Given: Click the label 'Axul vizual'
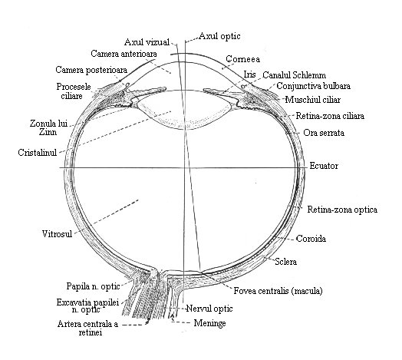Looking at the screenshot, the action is (x=147, y=41).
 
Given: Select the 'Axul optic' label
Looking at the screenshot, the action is (x=219, y=36).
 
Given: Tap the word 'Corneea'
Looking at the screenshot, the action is (x=242, y=59).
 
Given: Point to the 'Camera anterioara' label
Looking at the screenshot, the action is (x=124, y=54).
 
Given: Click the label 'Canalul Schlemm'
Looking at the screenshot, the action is (x=295, y=75).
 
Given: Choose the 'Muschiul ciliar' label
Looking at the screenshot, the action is (x=313, y=100).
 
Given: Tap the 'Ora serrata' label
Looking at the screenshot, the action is (x=324, y=133).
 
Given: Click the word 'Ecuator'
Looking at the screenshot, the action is (x=324, y=166).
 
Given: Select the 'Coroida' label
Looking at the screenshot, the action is (x=311, y=239).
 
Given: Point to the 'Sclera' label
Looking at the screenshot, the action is (x=286, y=262).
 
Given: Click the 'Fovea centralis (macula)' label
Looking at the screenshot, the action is (x=278, y=291).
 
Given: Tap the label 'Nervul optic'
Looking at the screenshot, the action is (x=209, y=308).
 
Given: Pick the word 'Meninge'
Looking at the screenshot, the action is (x=209, y=323).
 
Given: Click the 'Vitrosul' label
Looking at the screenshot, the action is (x=57, y=234).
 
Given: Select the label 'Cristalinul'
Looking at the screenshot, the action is (x=37, y=153).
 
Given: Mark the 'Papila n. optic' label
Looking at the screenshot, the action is (x=94, y=286).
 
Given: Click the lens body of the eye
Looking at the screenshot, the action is (x=184, y=110).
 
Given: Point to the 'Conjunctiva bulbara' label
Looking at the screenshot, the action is (x=313, y=86).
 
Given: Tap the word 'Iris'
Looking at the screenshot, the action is (x=249, y=74).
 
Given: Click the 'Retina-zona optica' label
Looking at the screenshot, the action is (x=342, y=210).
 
